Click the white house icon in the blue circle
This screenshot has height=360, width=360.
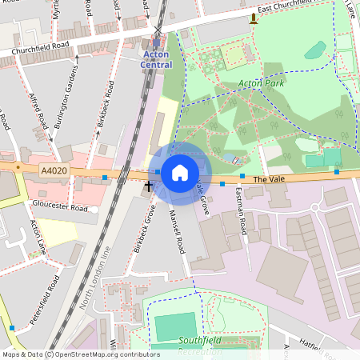180,172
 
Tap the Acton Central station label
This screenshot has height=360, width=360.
157,59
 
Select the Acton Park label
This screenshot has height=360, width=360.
260,82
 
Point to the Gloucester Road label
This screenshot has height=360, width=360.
60,206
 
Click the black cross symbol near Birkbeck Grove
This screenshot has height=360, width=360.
148,186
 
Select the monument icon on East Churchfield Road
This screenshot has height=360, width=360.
254,18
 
